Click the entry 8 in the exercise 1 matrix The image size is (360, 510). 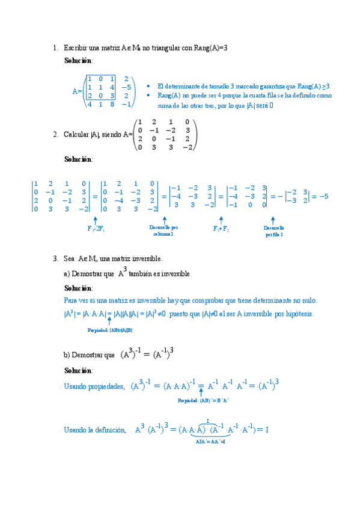pyautogui.click(x=112, y=104)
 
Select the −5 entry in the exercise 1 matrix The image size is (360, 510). pyautogui.click(x=126, y=87)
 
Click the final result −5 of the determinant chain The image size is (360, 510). pyautogui.click(x=323, y=196)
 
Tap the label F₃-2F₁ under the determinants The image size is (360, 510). pyautogui.click(x=96, y=229)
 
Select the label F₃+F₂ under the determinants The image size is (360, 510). pyautogui.click(x=221, y=229)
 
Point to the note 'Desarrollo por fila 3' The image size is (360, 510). pyautogui.click(x=273, y=231)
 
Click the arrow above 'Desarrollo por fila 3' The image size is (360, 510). pyautogui.click(x=273, y=220)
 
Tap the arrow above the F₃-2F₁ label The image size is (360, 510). pyautogui.click(x=96, y=220)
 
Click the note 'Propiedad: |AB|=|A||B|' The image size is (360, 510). pyautogui.click(x=110, y=330)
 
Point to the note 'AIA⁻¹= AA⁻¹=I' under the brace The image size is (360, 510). pyautogui.click(x=210, y=442)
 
